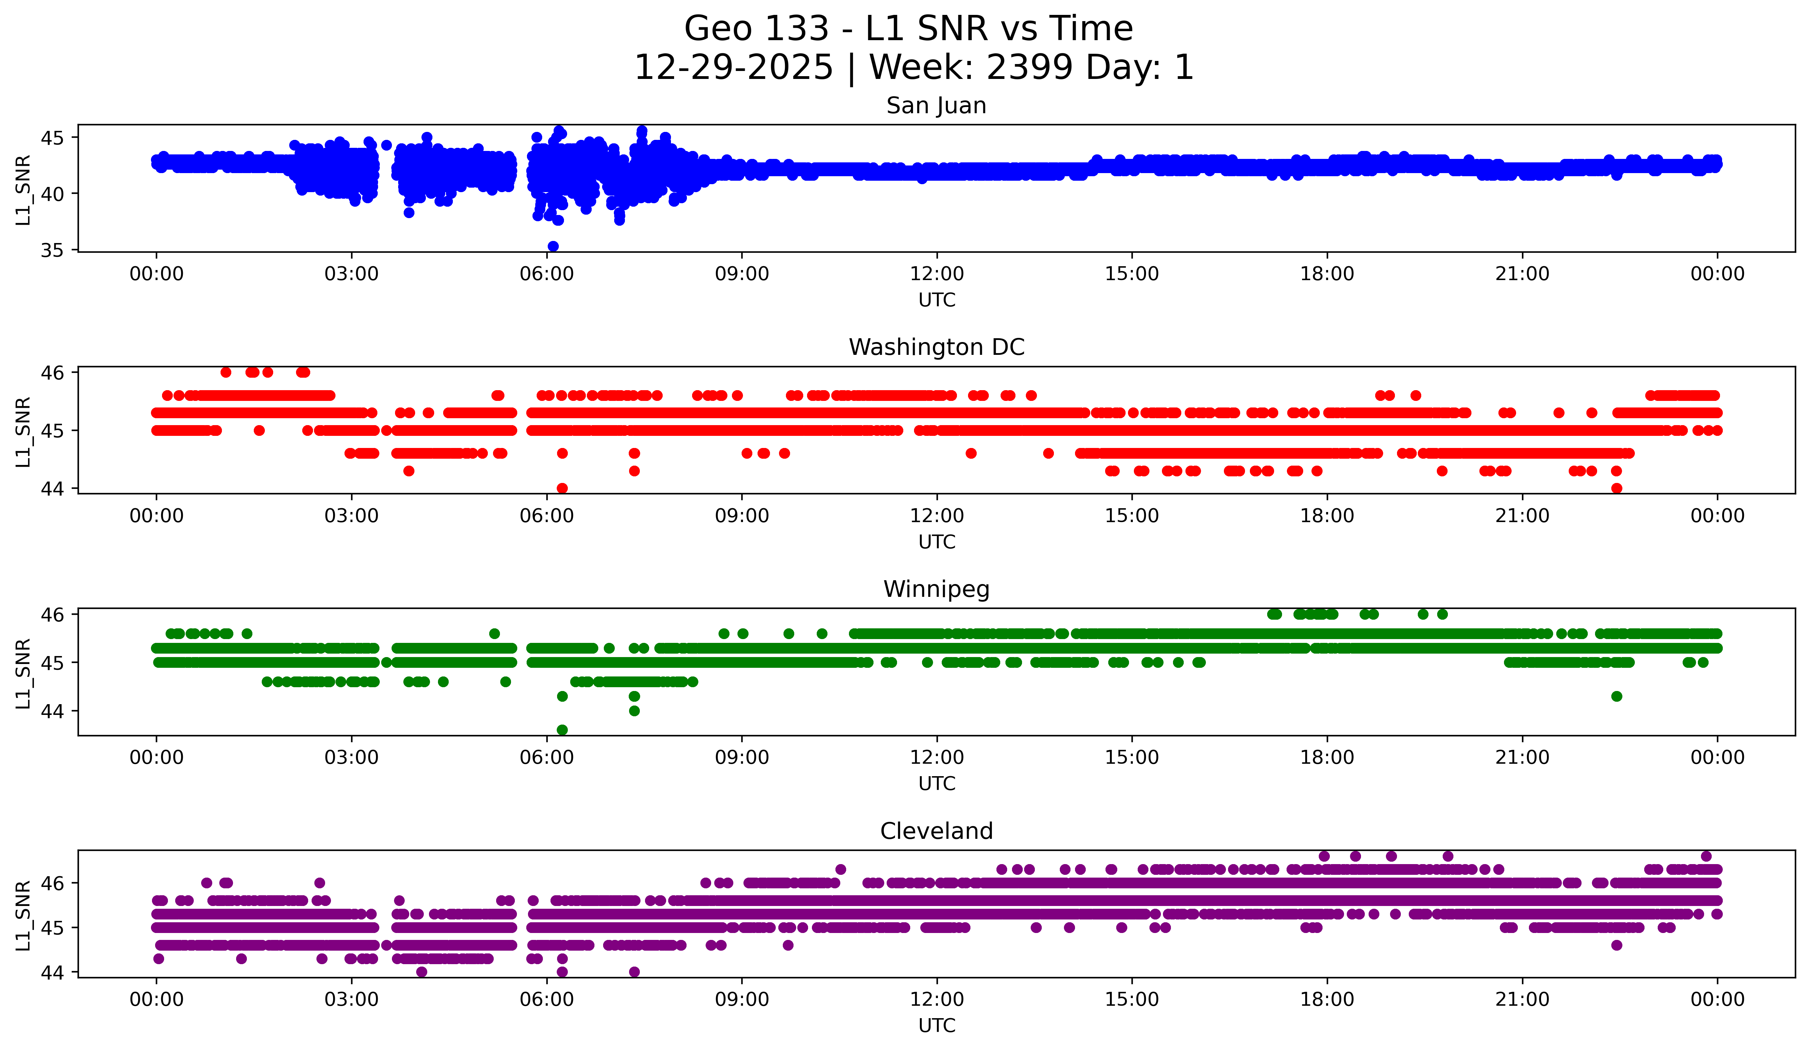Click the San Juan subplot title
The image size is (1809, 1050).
[936, 106]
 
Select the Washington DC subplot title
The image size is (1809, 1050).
[936, 347]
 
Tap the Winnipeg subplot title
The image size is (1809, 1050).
[936, 589]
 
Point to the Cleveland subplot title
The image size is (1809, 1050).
[936, 831]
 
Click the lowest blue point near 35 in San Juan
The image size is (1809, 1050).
[553, 246]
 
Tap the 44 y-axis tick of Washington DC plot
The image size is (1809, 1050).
[52, 489]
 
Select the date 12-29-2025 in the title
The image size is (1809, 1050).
[733, 68]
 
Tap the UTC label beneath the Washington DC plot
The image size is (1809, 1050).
[936, 542]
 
